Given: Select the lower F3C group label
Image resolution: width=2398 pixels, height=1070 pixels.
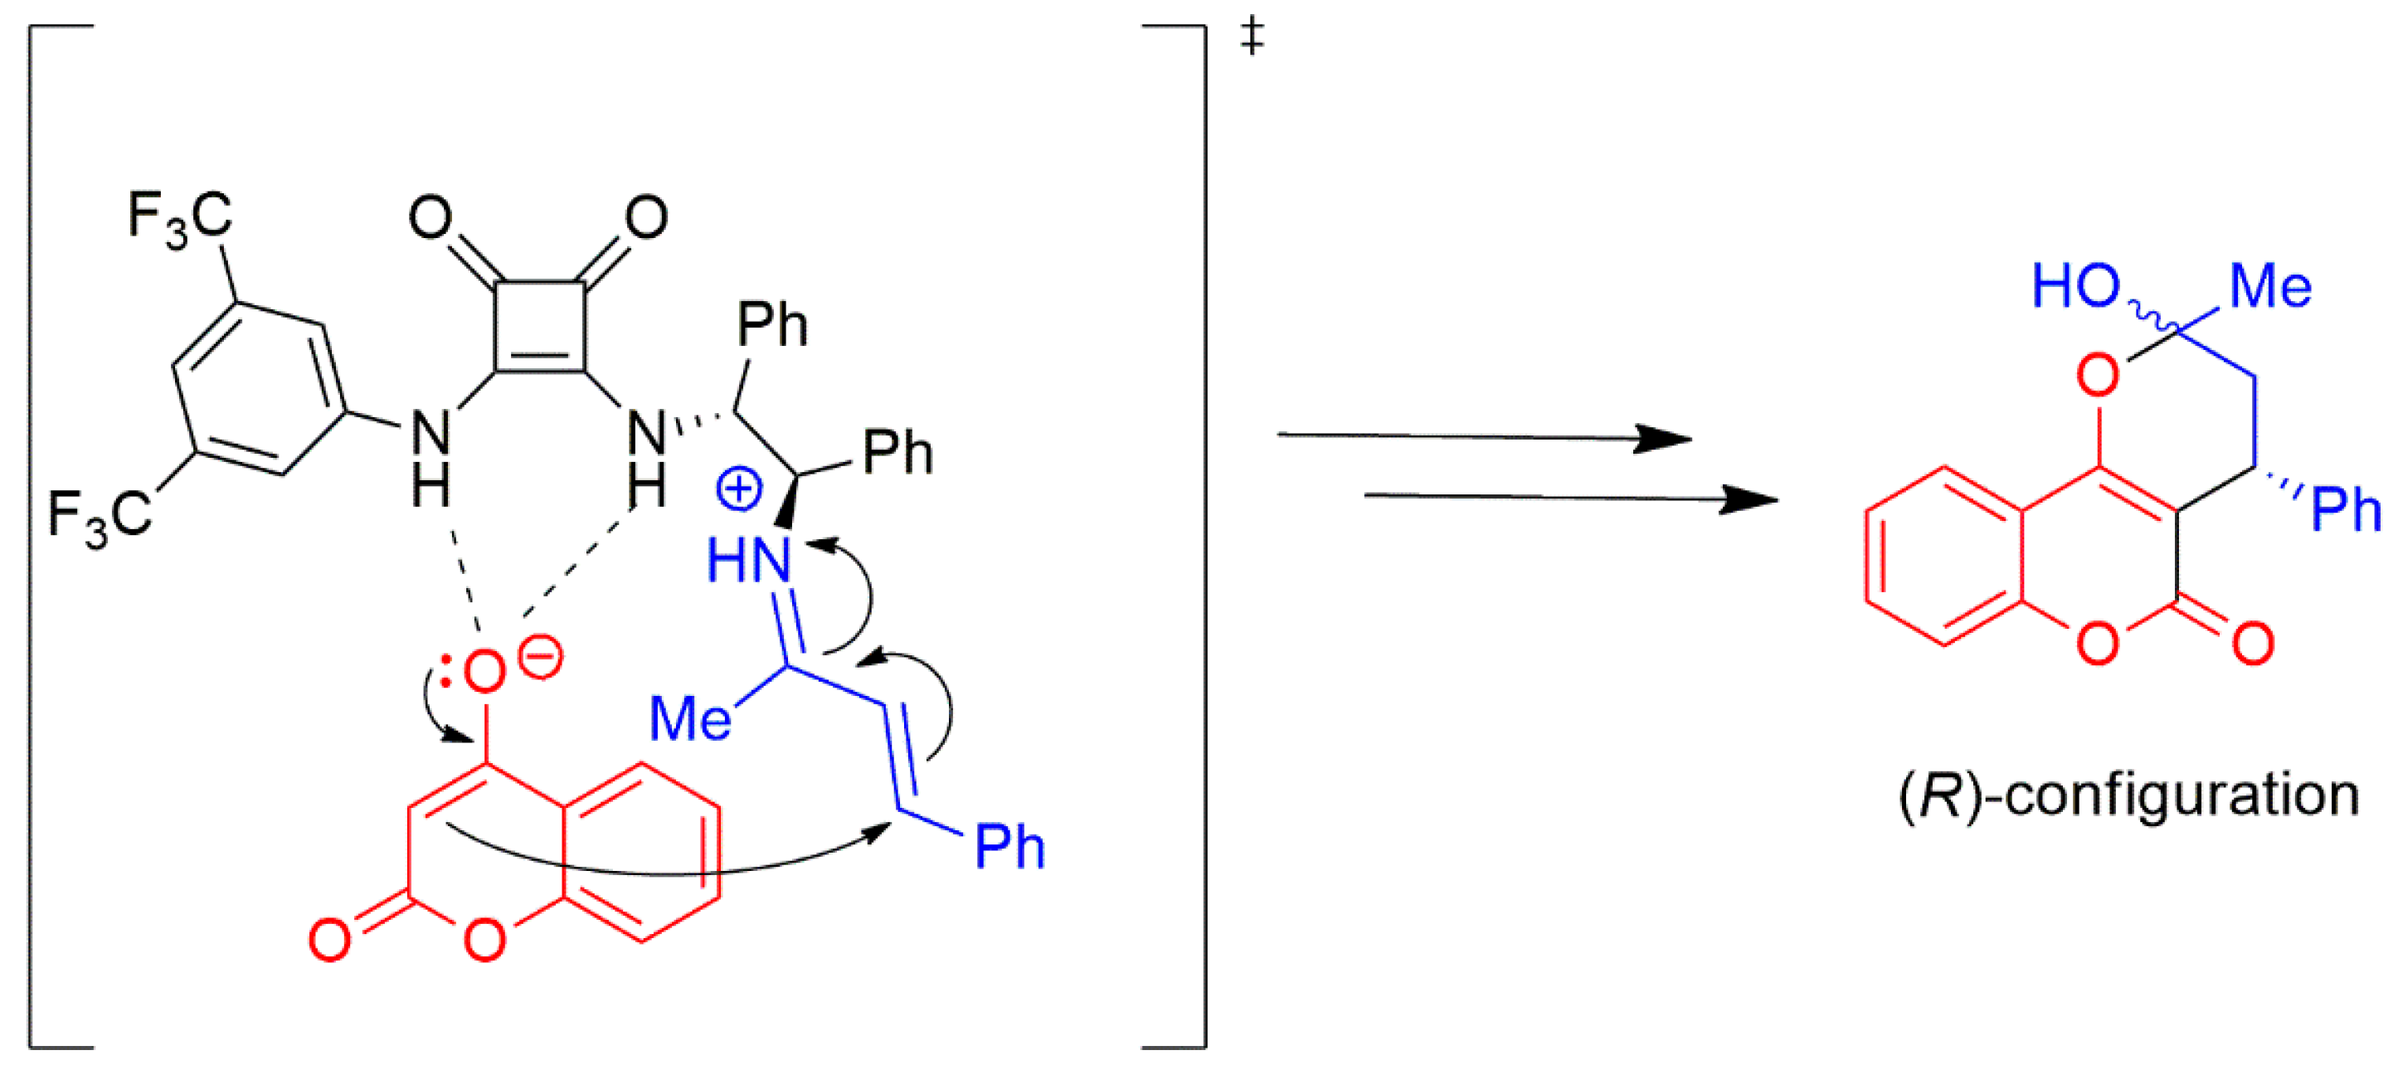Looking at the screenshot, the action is click(x=100, y=518).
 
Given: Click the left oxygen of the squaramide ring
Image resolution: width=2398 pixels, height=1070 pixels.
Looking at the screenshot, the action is click(x=430, y=217).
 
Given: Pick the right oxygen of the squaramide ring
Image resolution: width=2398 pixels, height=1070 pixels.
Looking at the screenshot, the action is click(x=646, y=217).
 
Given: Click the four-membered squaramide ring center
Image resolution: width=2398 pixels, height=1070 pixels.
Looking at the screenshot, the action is click(x=540, y=327).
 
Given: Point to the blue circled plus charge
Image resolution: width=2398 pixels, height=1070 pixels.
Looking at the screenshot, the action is click(x=739, y=489).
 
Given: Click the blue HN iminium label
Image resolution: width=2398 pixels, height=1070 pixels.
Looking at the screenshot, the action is click(x=748, y=561).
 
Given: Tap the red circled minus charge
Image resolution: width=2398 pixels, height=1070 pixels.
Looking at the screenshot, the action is click(x=541, y=658).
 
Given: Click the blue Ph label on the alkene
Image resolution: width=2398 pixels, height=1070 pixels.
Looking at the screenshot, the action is click(x=1009, y=847).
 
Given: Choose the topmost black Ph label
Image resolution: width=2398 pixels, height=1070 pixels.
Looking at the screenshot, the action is click(x=771, y=325).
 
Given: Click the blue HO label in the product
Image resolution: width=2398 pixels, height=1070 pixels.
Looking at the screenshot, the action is click(x=2076, y=285).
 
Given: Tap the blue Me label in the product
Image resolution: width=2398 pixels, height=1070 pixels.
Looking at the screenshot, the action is click(x=2270, y=286).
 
